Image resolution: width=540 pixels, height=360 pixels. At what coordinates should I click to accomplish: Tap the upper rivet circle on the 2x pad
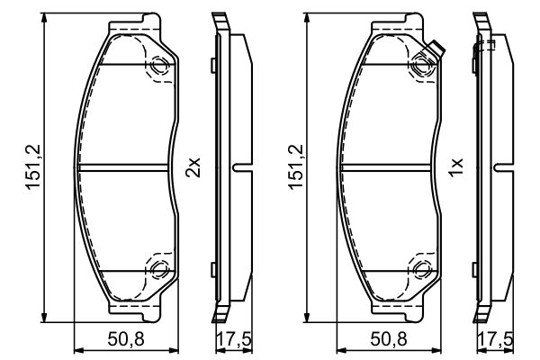(x=159, y=65)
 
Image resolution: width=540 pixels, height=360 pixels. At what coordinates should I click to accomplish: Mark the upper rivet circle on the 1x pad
(x=422, y=65)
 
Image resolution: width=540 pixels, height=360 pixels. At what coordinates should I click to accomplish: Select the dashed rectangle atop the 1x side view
(x=488, y=43)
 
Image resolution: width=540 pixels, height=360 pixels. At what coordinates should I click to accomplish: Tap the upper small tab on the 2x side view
(x=211, y=64)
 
